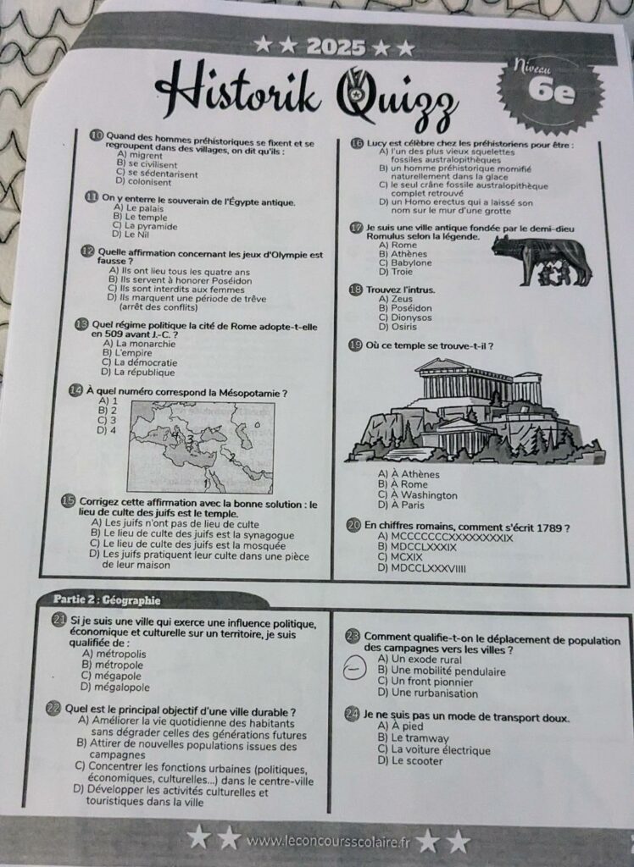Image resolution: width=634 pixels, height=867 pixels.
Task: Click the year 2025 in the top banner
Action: pyautogui.click(x=336, y=48)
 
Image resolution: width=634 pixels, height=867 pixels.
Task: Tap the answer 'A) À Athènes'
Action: pyautogui.click(x=409, y=474)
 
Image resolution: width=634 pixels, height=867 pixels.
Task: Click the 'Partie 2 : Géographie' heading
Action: pyautogui.click(x=107, y=600)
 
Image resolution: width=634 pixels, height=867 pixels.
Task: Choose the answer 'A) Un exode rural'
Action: pyautogui.click(x=420, y=659)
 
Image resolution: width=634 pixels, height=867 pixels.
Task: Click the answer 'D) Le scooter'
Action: pyautogui.click(x=410, y=761)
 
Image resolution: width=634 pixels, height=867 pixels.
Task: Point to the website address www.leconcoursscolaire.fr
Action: pyautogui.click(x=328, y=842)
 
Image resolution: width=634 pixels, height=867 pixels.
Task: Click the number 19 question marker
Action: pyautogui.click(x=355, y=345)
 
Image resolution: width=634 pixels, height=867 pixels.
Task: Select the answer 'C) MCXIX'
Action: pyautogui.click(x=400, y=557)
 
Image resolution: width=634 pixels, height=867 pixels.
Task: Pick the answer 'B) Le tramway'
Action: pyautogui.click(x=413, y=738)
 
